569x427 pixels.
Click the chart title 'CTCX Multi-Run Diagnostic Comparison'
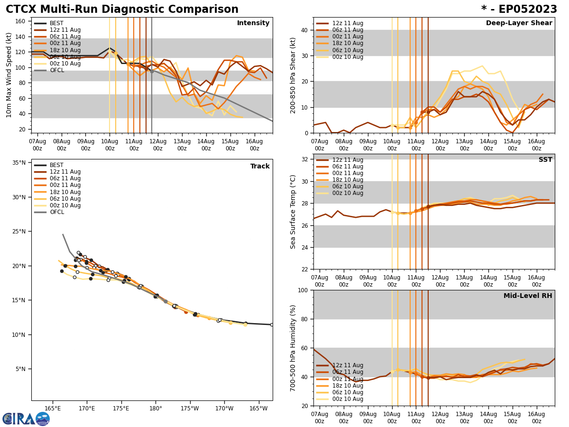pos(122,9)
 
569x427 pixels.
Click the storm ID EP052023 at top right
pos(519,9)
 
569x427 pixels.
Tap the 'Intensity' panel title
pos(253,23)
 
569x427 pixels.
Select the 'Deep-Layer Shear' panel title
pos(519,23)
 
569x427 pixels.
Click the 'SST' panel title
pos(545,160)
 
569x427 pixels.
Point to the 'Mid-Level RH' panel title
pos(528,296)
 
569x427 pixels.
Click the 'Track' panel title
pos(260,167)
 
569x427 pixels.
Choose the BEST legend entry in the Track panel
pos(56,165)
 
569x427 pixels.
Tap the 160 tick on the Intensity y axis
pos(22,21)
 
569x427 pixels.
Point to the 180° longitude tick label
pos(156,408)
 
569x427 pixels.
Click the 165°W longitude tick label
pos(258,408)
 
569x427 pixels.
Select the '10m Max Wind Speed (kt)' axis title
pos(9,75)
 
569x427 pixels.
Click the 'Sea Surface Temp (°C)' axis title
pos(293,212)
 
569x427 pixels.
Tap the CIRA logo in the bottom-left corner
pos(26,419)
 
